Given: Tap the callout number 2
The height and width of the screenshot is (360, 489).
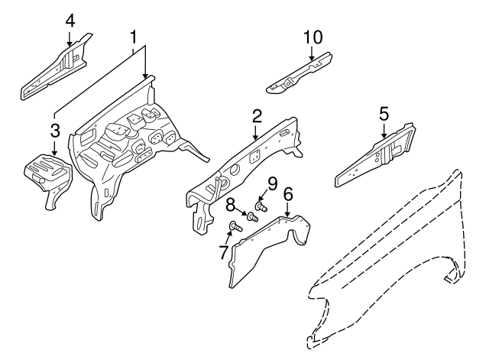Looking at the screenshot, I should [257, 115].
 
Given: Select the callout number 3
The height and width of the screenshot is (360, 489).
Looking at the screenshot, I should [54, 129].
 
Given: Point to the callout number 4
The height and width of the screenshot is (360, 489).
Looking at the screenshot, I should [70, 19].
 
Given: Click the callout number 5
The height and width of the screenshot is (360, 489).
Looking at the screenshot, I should [384, 114].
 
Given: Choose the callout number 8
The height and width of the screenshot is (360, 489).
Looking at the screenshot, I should [230, 203].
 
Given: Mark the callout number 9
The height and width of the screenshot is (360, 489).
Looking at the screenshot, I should [270, 183].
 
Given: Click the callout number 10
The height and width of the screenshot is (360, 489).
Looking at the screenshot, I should [313, 36].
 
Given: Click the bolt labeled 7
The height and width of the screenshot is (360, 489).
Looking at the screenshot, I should [235, 225].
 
